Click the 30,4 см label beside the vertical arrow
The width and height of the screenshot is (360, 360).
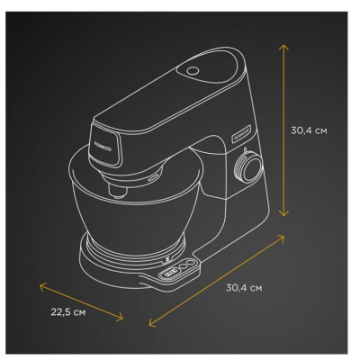[309, 130]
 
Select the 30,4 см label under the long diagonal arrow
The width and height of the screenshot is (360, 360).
[244, 288]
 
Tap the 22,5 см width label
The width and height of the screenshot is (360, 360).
[68, 312]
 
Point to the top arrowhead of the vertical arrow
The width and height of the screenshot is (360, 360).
[283, 47]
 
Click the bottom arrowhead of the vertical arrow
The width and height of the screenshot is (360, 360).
[283, 213]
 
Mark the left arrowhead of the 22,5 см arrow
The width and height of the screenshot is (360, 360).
[43, 286]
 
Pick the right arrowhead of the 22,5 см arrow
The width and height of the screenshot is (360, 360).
[120, 317]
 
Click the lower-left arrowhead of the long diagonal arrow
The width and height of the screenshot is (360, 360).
[152, 323]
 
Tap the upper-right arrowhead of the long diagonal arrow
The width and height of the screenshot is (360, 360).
[280, 238]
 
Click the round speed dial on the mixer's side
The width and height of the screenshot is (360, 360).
[248, 167]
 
